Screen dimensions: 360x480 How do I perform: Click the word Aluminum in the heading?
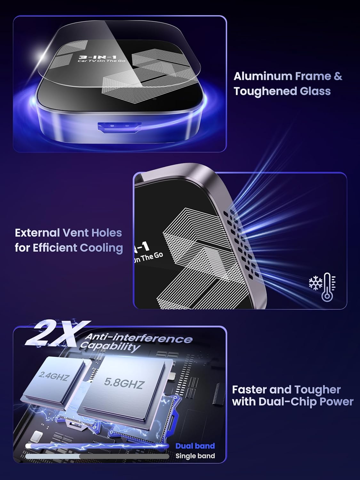[263, 76]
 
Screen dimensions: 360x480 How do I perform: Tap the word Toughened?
[265, 92]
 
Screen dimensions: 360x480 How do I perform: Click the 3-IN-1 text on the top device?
[98, 57]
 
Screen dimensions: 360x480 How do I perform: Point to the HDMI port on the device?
[120, 127]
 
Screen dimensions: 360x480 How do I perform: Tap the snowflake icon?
[316, 284]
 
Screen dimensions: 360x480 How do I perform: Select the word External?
[37, 233]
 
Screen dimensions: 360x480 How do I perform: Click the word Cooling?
[101, 248]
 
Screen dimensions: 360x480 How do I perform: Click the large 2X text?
[58, 334]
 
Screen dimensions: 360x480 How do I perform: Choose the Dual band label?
[195, 446]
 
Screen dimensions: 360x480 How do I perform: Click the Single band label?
[195, 456]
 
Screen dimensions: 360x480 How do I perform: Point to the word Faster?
[249, 389]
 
